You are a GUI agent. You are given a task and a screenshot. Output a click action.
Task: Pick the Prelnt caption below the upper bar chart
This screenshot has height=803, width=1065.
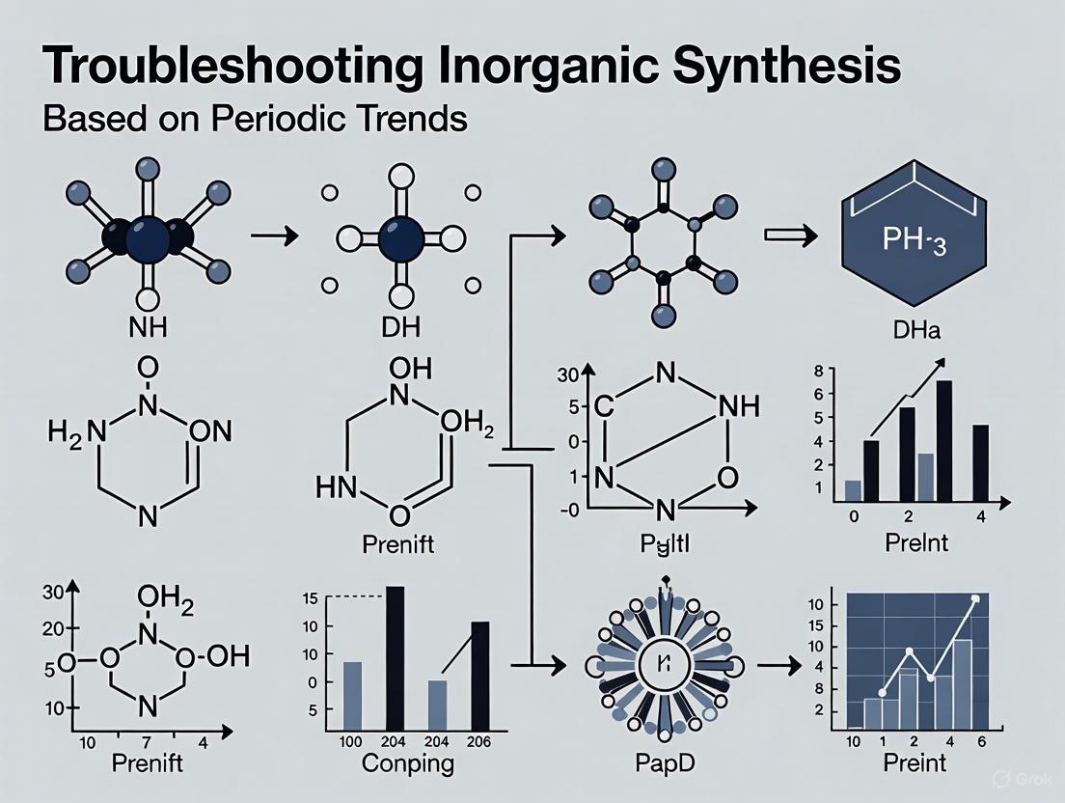[x=916, y=542]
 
